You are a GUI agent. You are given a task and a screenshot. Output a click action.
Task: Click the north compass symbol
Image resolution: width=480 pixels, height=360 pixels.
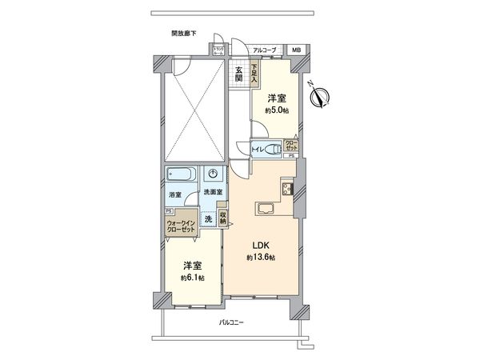point(322,97)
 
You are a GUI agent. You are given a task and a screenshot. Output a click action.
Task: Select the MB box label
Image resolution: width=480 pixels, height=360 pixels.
point(297,50)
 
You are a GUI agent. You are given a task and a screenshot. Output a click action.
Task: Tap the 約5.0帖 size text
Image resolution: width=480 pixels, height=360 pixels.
point(276,112)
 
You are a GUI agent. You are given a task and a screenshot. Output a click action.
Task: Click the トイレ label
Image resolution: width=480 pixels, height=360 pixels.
point(258,149)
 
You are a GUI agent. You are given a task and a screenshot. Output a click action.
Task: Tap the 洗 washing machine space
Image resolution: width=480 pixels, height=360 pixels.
point(208,219)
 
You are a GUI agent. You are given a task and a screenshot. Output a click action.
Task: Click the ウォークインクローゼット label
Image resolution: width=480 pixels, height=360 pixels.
point(182,226)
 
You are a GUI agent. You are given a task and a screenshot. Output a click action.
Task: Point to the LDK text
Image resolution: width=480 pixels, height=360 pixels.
point(260,245)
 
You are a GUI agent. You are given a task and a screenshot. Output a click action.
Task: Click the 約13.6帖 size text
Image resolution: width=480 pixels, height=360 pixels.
point(261,257)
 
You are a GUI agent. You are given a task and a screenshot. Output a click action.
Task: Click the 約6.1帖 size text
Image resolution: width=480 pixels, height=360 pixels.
point(191,278)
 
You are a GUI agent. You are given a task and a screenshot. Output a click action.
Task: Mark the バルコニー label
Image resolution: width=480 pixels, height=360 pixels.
point(233,322)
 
